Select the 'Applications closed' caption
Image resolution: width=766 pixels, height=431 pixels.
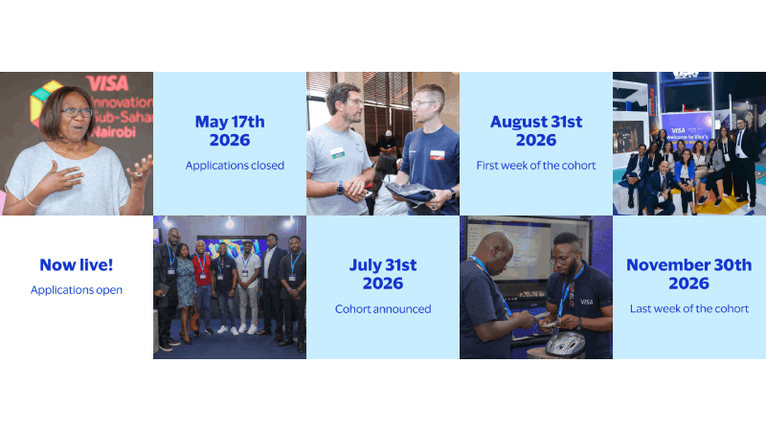click(235, 166)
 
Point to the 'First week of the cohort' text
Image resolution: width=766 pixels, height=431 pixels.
click(536, 166)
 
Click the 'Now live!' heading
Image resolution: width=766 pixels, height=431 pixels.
click(77, 265)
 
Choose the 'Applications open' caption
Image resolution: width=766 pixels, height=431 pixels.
click(77, 290)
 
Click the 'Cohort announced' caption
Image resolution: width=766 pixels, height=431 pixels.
click(383, 309)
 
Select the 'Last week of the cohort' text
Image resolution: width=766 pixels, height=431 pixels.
click(689, 308)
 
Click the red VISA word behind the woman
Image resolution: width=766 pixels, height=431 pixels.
click(106, 83)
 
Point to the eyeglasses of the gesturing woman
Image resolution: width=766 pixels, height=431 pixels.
click(76, 112)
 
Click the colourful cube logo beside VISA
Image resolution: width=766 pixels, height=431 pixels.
click(43, 102)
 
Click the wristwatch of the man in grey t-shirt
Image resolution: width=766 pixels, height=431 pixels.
click(340, 188)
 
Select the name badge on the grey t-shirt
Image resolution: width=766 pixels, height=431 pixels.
click(338, 152)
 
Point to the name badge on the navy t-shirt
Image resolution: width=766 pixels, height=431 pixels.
click(437, 155)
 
